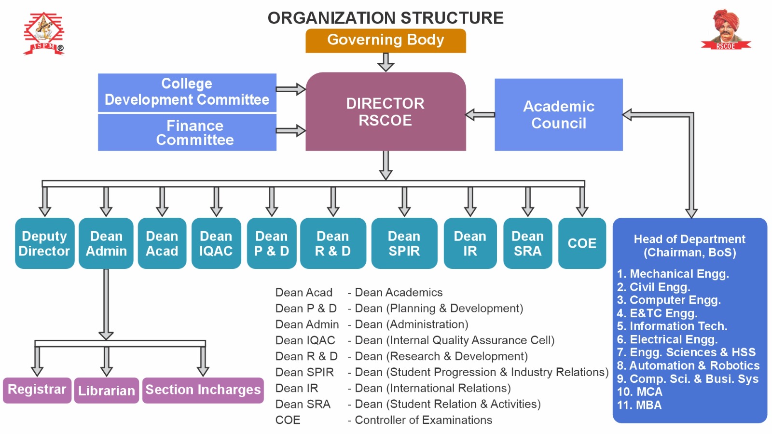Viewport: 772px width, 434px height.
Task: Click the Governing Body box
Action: pos(386,41)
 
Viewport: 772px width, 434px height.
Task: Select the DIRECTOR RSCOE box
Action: pos(386,112)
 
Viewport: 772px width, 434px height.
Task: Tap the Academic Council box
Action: pos(558,115)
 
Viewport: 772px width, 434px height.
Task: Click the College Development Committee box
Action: pos(187,92)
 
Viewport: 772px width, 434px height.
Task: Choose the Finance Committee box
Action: pos(187,133)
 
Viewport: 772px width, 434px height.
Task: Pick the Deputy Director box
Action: pos(44,243)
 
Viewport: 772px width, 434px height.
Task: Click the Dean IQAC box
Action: pos(216,243)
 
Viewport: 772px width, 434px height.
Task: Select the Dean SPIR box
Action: pos(404,243)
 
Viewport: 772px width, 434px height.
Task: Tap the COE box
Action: pos(582,243)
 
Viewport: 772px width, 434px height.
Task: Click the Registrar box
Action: pos(37,390)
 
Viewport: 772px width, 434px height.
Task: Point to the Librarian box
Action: pos(107,391)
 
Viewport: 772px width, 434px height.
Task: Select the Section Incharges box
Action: pos(203,390)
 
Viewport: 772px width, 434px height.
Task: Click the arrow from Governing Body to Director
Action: pos(386,62)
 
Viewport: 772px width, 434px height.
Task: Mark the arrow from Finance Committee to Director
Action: pos(290,131)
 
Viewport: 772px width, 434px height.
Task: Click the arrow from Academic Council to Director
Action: pos(480,115)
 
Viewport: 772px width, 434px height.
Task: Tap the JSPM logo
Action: pos(43,33)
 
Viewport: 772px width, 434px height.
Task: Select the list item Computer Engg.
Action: pos(669,300)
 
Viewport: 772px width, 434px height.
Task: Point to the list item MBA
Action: pos(639,406)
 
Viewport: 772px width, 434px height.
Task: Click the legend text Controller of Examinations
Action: pos(423,420)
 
